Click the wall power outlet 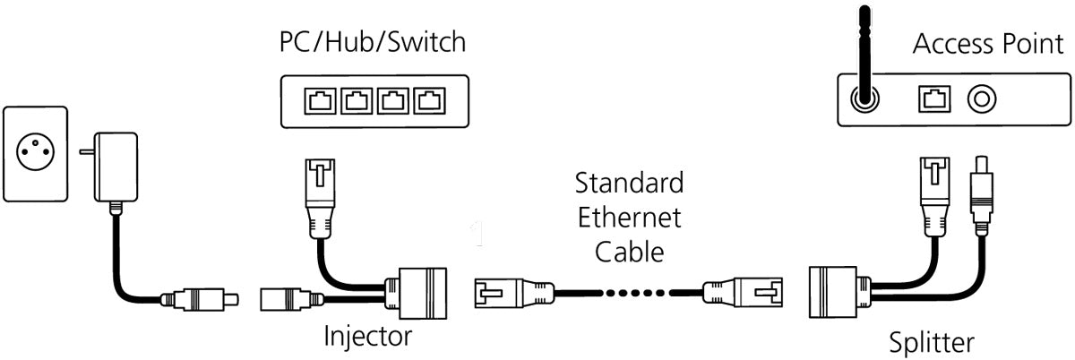(x=36, y=153)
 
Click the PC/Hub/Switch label (x=373, y=42)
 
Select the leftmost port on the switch (x=320, y=100)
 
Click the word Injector (x=367, y=338)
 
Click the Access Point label (x=987, y=45)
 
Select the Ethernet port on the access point (x=932, y=99)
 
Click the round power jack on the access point (x=982, y=99)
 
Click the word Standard (x=629, y=184)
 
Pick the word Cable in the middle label (x=629, y=252)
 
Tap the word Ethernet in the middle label (x=629, y=218)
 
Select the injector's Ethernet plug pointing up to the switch (x=319, y=190)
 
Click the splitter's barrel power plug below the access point (x=984, y=191)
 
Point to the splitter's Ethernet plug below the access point (x=933, y=191)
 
